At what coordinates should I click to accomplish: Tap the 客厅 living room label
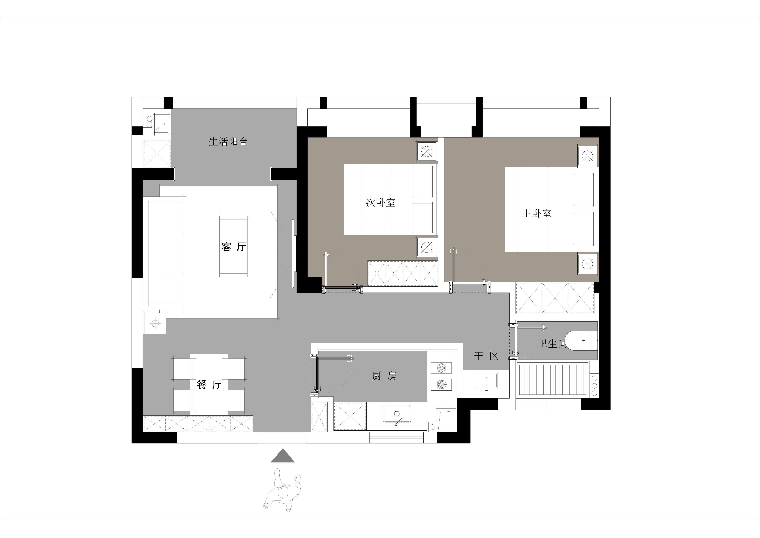(x=234, y=247)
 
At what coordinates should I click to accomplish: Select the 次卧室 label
(x=381, y=202)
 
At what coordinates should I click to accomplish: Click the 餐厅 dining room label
(x=209, y=385)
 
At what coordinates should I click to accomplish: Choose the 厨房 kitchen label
(x=384, y=376)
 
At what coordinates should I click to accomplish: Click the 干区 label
(x=486, y=356)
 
